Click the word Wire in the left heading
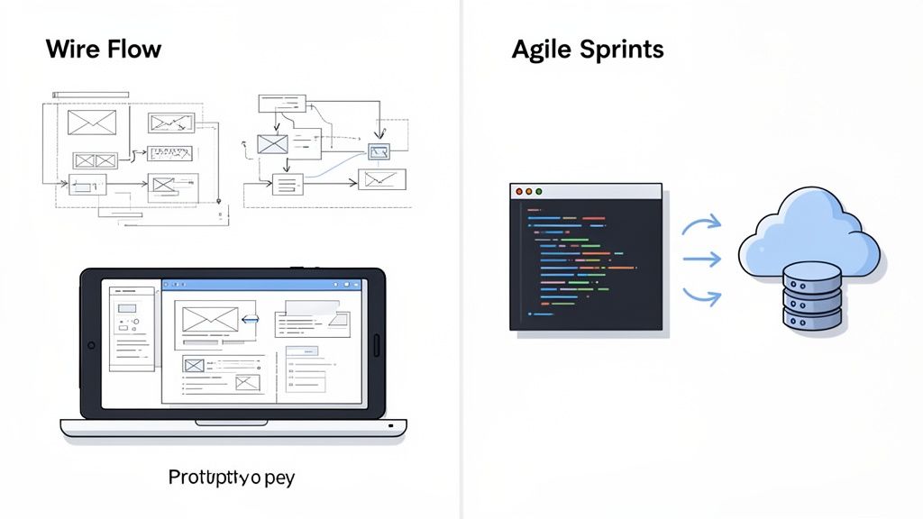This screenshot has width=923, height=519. coord(70,49)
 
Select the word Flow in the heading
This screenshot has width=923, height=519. coord(132,49)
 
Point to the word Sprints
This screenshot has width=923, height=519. coord(621,50)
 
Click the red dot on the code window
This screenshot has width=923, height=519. coord(517,191)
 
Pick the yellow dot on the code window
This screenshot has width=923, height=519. coord(528,191)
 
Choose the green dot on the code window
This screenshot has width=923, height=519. coord(539,191)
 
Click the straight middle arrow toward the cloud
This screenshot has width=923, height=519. coord(701,259)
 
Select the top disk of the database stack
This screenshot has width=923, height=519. coord(812,274)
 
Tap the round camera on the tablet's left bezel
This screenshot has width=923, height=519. coord(90,345)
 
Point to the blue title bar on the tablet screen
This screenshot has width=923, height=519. coord(261,285)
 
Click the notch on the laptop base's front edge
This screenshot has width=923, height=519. coord(232,422)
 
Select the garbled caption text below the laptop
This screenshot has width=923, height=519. coord(232,477)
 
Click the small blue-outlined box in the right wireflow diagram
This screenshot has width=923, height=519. coord(379,151)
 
